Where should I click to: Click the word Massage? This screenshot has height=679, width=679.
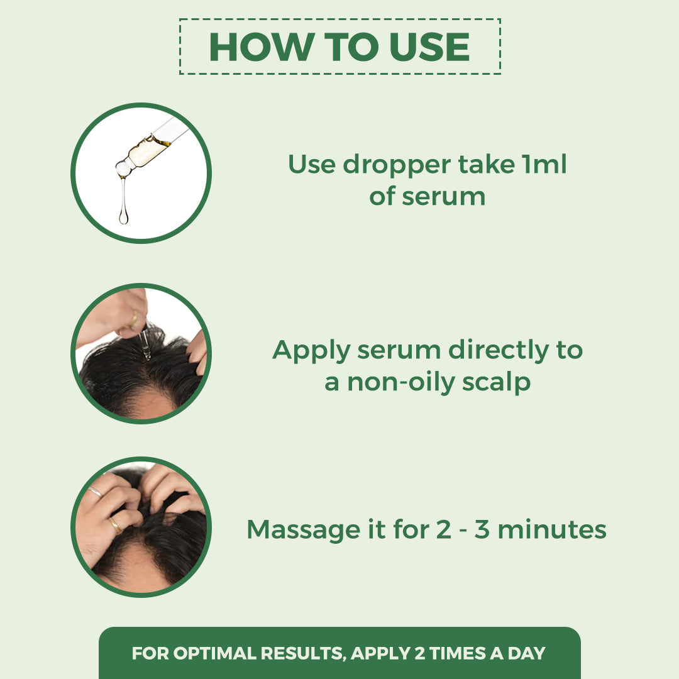click(x=299, y=529)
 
